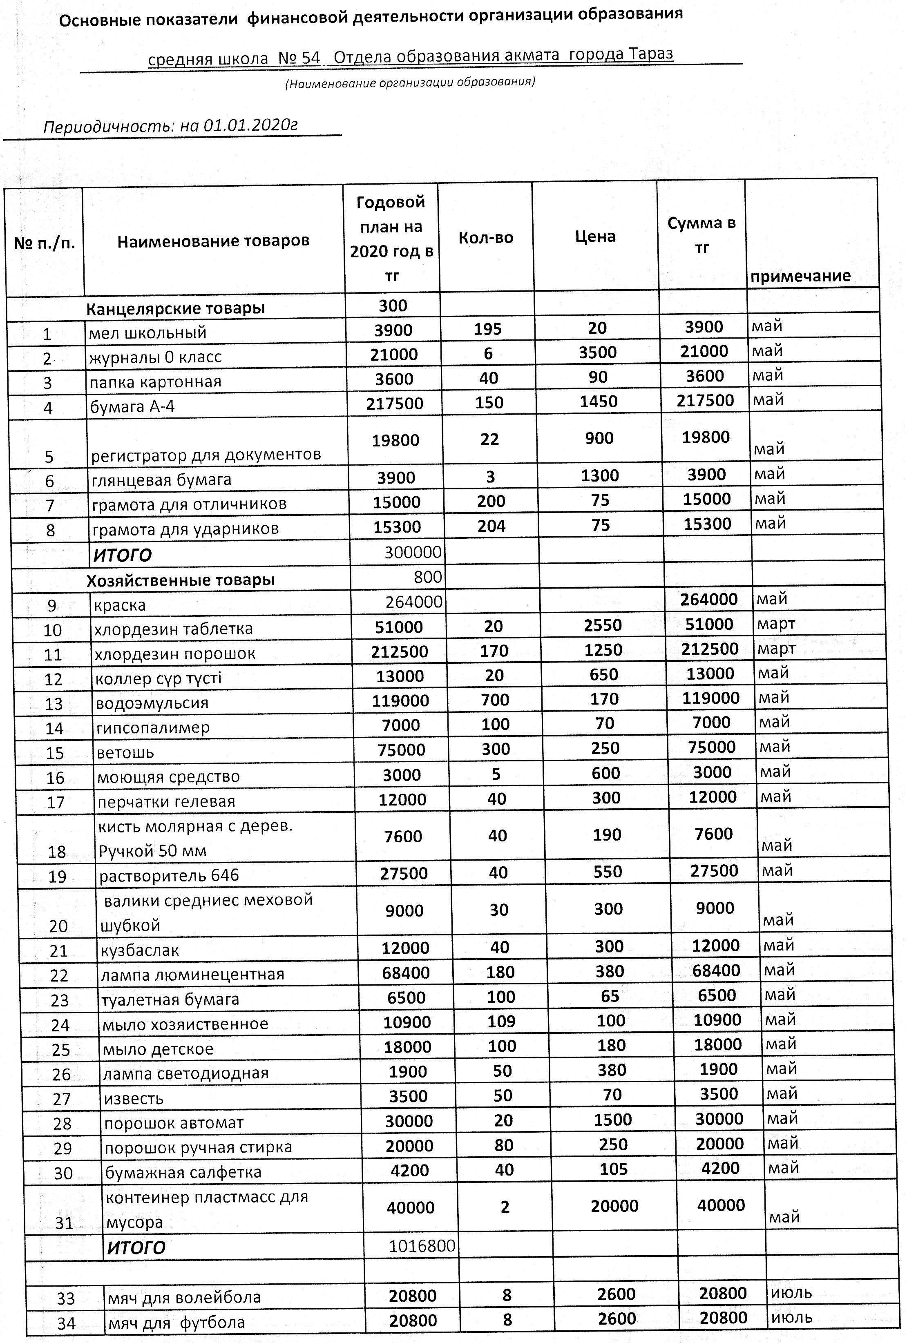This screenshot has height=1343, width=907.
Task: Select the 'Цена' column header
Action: (595, 236)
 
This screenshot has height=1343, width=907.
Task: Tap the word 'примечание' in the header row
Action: (800, 276)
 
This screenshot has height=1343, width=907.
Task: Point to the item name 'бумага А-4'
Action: (132, 406)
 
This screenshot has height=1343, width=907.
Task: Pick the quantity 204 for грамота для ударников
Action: (491, 526)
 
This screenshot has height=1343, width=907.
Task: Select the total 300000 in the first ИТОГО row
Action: (413, 553)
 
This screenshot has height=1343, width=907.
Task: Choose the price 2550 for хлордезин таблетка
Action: (602, 625)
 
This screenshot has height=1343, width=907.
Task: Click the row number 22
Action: (60, 975)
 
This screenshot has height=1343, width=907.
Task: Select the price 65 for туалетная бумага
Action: (610, 996)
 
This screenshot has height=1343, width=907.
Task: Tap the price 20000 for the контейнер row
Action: (614, 1206)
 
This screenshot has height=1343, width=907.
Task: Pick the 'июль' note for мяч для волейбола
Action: (791, 1293)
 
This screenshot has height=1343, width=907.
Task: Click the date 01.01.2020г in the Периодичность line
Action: (250, 125)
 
